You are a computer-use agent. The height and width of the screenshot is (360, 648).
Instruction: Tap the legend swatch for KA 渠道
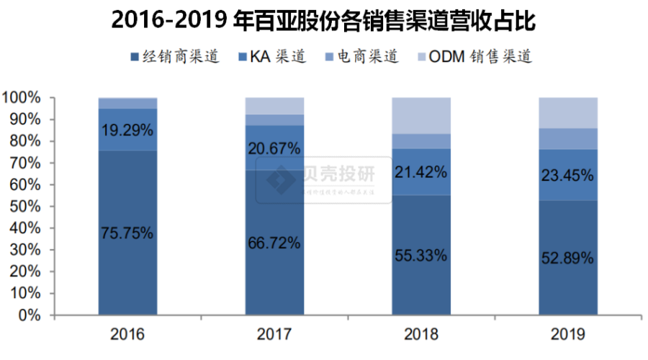(x=241, y=57)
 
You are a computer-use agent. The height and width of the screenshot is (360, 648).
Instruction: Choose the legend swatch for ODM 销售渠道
(x=420, y=57)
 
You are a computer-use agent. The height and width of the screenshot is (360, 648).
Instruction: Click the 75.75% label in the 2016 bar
(x=128, y=233)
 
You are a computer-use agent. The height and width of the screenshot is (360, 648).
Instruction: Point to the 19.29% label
(x=128, y=130)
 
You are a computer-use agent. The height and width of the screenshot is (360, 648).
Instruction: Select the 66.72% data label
(x=274, y=243)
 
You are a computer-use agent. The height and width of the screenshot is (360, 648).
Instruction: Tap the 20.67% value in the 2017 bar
(x=274, y=148)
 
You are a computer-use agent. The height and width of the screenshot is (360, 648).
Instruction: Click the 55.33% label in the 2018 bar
(x=421, y=256)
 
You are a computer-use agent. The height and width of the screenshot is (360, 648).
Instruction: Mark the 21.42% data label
(x=421, y=172)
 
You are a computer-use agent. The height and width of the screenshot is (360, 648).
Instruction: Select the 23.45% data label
(x=568, y=174)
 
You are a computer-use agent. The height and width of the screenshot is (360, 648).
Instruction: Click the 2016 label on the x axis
(x=127, y=335)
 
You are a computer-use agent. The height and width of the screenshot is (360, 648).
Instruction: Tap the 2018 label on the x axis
(x=421, y=335)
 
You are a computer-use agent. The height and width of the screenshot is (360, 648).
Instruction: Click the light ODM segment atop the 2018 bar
(x=421, y=115)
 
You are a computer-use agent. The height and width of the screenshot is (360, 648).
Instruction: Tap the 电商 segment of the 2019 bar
(x=568, y=138)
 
